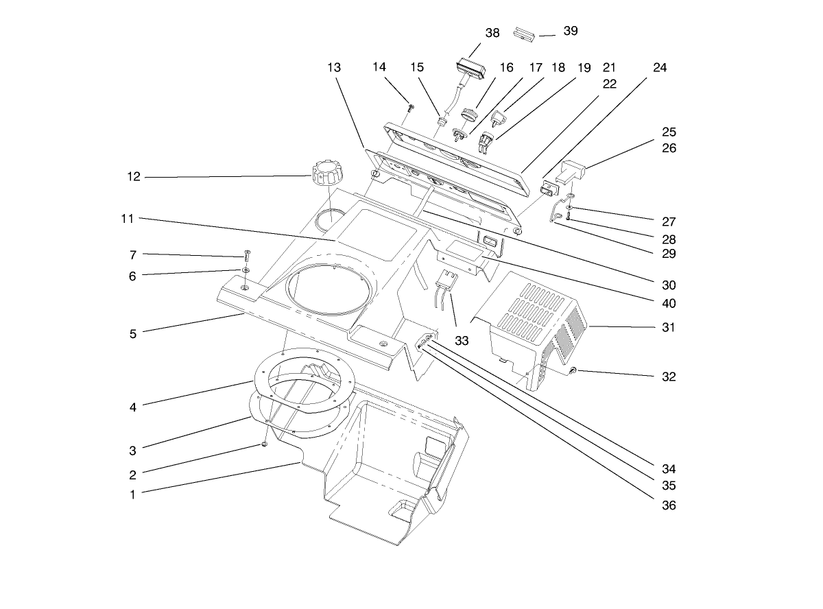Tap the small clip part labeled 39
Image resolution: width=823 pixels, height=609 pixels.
pyautogui.click(x=525, y=34)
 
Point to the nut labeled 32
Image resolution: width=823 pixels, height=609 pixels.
pyautogui.click(x=573, y=371)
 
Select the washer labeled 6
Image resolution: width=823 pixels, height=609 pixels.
pyautogui.click(x=246, y=272)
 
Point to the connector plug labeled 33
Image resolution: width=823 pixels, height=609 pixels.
pyautogui.click(x=446, y=283)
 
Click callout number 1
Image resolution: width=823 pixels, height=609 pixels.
pyautogui.click(x=132, y=493)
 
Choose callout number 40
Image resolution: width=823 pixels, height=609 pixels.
pyautogui.click(x=669, y=302)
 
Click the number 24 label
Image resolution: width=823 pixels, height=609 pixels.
pyautogui.click(x=660, y=68)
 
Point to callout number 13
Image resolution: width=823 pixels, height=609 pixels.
pyautogui.click(x=334, y=68)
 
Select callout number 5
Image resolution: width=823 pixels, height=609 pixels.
pyautogui.click(x=132, y=334)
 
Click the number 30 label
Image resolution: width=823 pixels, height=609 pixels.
pyautogui.click(x=669, y=285)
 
